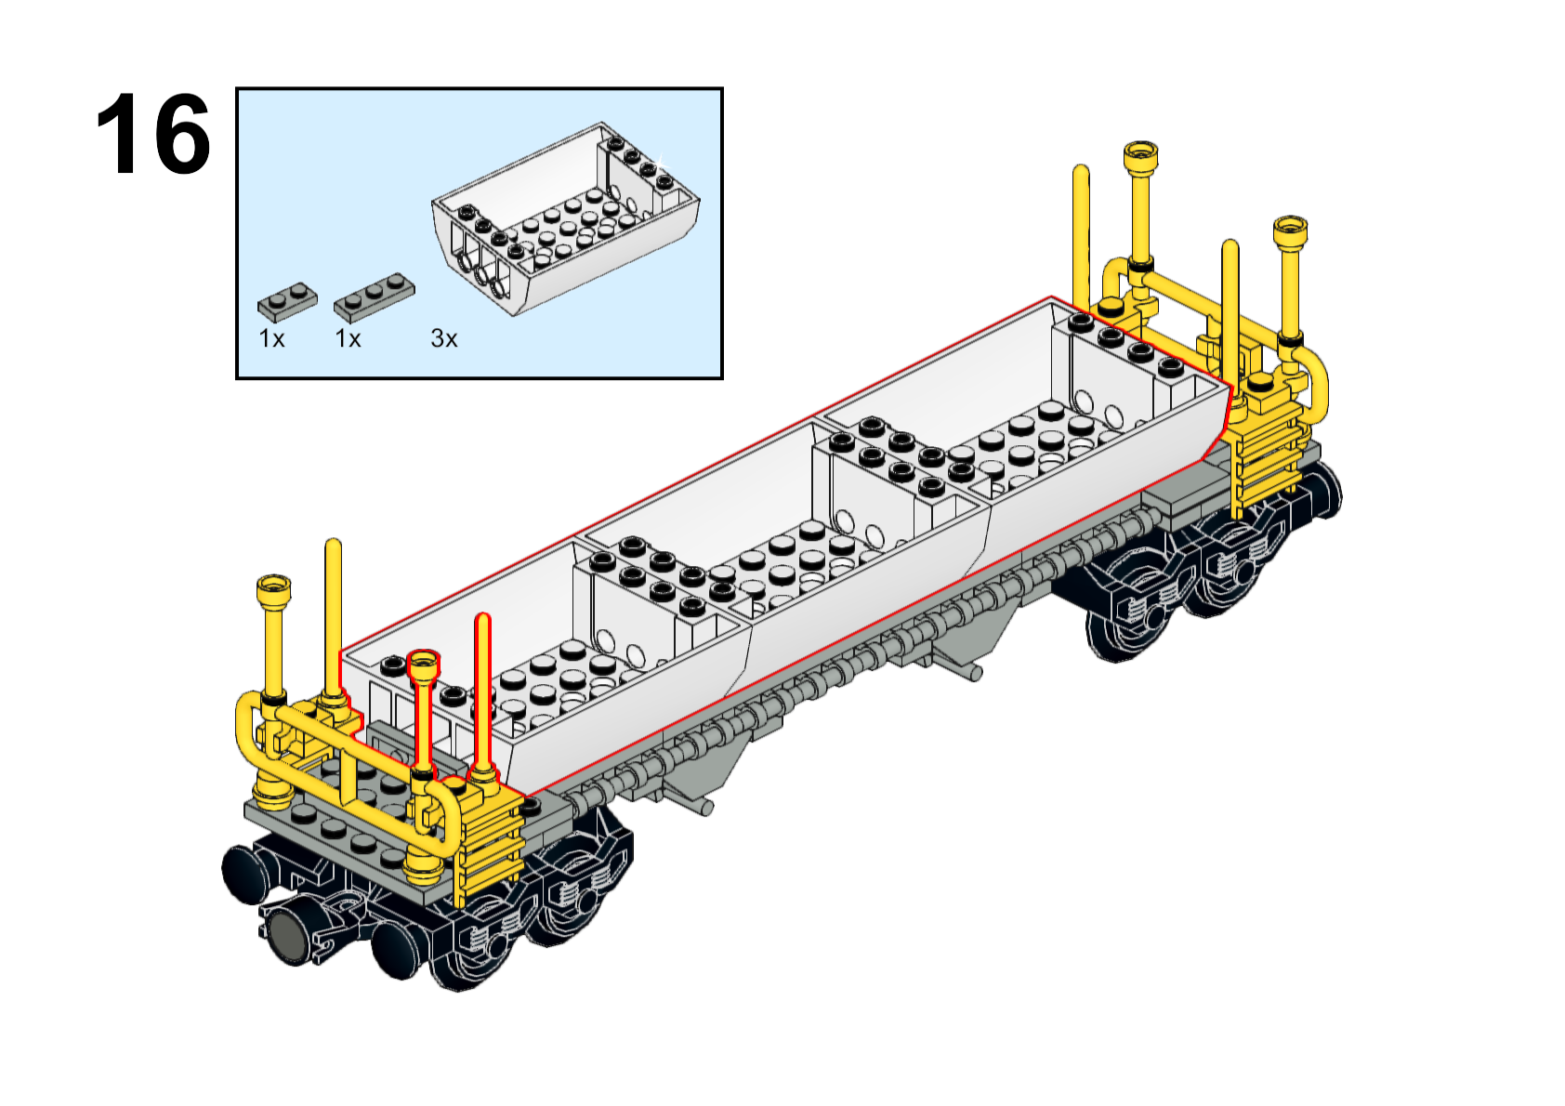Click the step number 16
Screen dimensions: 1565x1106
tap(153, 134)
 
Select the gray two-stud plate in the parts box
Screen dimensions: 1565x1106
tap(287, 302)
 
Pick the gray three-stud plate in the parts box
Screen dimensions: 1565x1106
tap(374, 296)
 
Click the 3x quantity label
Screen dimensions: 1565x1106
tap(443, 339)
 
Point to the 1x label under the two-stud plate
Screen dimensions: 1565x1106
tap(271, 339)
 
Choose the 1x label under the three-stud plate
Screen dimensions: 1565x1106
tap(348, 339)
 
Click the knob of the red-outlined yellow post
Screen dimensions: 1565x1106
tap(424, 663)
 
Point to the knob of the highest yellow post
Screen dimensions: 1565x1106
tap(1140, 156)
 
